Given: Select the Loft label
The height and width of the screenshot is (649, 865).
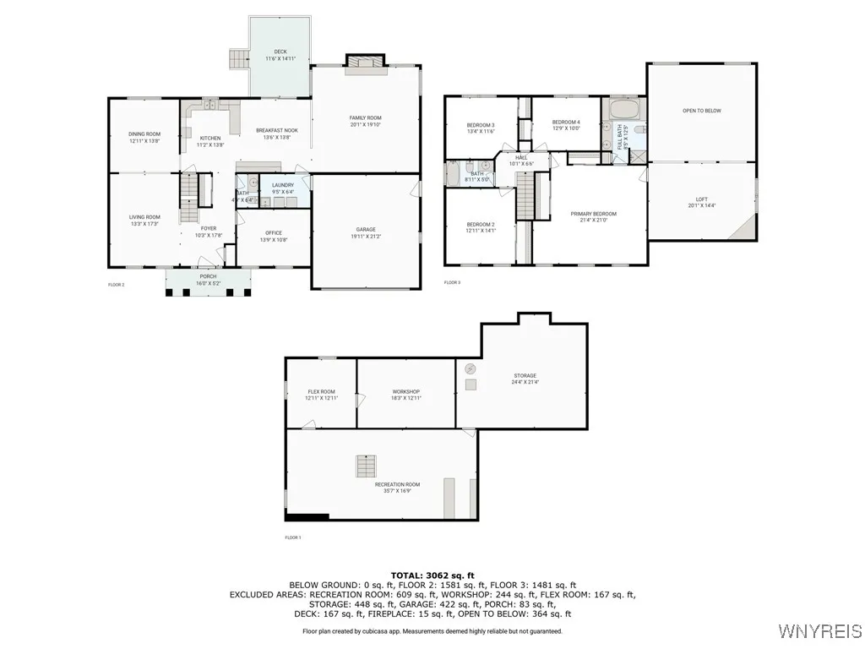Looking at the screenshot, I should point(701,202).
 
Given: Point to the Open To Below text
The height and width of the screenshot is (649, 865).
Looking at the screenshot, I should point(701,111).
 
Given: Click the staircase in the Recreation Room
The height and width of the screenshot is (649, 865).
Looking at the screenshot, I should point(366,466).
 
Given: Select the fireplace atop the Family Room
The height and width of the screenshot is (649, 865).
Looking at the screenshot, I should point(366,61).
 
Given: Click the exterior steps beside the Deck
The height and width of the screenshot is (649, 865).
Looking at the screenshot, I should point(237,59).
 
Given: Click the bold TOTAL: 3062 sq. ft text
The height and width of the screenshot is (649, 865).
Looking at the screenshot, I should point(432,575).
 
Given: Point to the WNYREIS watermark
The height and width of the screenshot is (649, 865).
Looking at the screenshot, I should point(820,631).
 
